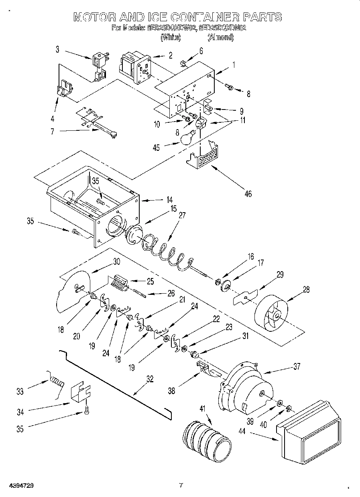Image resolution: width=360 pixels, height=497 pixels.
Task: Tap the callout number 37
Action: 297,366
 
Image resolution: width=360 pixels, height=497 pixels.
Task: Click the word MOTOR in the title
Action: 95,17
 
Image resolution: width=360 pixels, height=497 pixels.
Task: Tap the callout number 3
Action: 57,49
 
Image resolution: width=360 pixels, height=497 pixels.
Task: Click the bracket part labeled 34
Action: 81,392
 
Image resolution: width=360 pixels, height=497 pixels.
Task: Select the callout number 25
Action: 150,281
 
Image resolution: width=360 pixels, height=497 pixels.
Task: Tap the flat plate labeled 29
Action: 245,297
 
